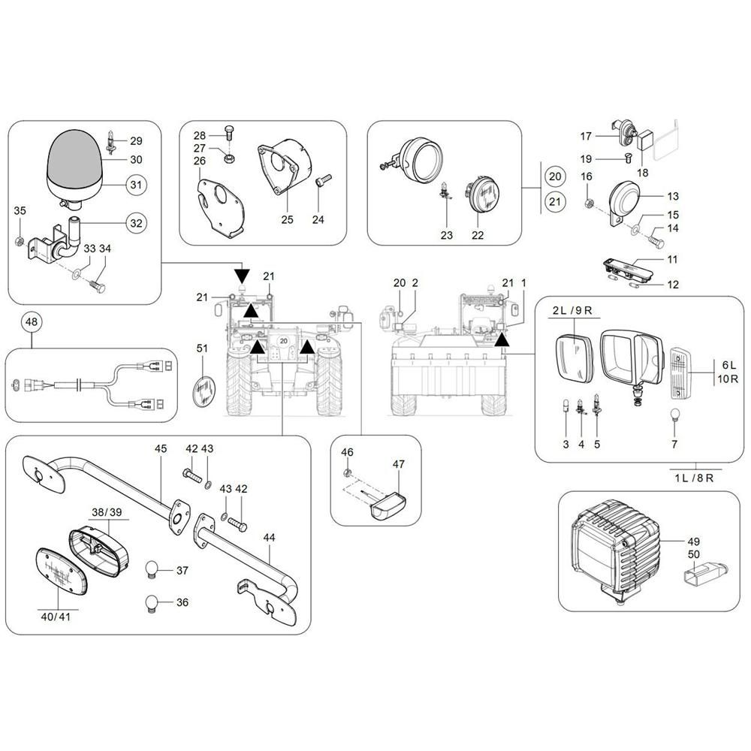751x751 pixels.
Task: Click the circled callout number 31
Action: (x=135, y=185)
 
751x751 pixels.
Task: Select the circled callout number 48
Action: (x=31, y=323)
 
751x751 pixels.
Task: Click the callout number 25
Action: (x=285, y=219)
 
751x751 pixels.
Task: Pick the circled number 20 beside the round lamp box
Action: (x=554, y=176)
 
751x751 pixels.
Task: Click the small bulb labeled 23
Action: (x=446, y=193)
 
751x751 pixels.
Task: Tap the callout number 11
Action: (x=672, y=259)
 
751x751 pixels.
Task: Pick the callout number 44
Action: (x=270, y=538)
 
